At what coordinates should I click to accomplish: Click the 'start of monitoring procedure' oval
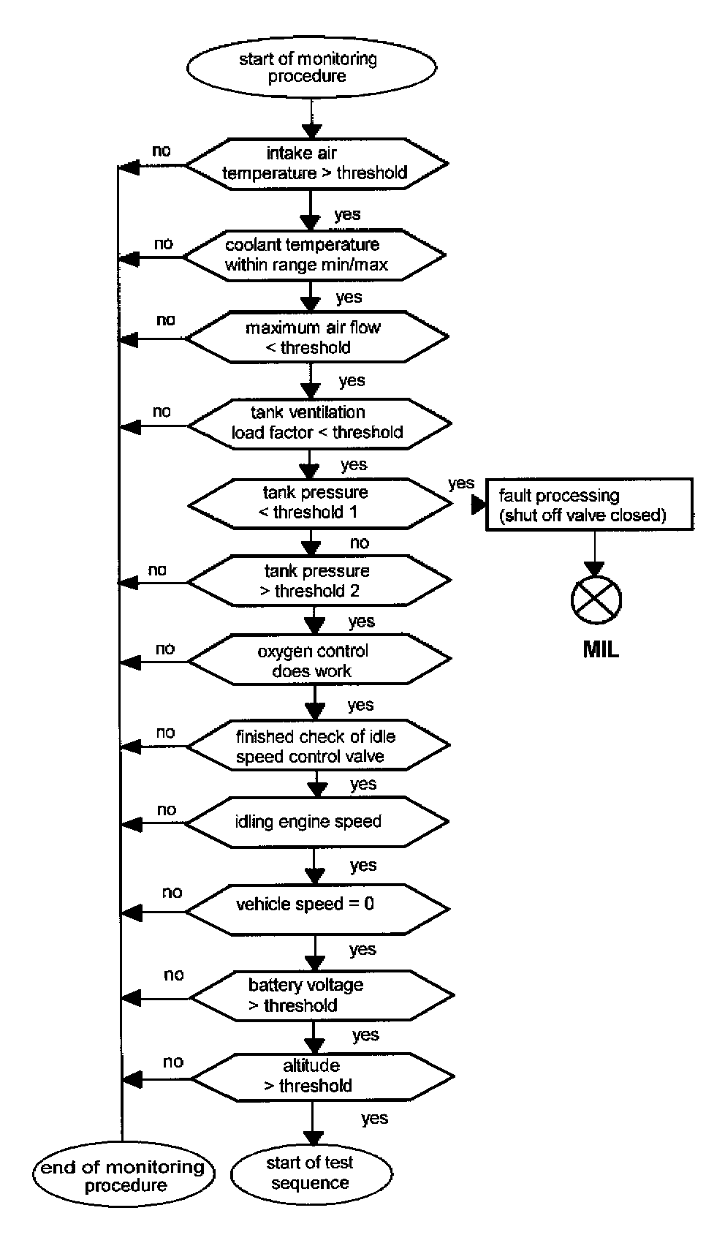tap(311, 67)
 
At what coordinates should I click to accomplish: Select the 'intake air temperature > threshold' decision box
tap(316, 164)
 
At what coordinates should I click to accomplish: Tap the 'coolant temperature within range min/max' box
tap(313, 255)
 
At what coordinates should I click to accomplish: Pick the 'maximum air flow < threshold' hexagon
tap(316, 338)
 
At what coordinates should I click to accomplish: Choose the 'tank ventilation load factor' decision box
tap(319, 423)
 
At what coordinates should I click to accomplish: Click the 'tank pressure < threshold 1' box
tap(319, 503)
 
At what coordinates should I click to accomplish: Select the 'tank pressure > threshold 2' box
tap(319, 581)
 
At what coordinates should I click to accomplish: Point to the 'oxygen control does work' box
tap(319, 660)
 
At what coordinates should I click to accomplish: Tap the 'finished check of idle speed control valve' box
tap(317, 746)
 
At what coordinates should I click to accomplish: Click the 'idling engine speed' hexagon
tap(316, 822)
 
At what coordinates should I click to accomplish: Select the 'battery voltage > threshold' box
tap(320, 995)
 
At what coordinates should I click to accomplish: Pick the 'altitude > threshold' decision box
tap(322, 1076)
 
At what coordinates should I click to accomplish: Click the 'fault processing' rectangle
tap(589, 505)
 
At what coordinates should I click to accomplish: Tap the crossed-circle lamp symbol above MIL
tap(596, 600)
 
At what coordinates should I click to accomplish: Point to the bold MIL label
tap(601, 649)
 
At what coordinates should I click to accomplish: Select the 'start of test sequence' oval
tap(311, 1174)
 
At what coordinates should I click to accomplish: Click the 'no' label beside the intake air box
tap(161, 151)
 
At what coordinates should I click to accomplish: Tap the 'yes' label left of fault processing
tap(461, 483)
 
